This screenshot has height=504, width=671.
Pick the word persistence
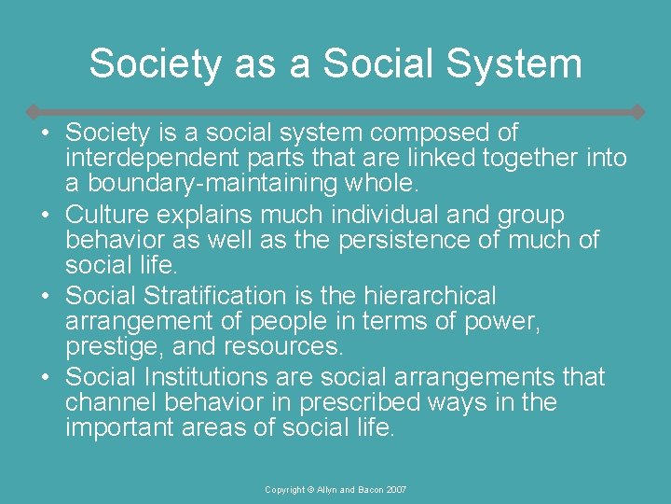point(389,240)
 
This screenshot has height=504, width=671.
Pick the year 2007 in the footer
point(395,489)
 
